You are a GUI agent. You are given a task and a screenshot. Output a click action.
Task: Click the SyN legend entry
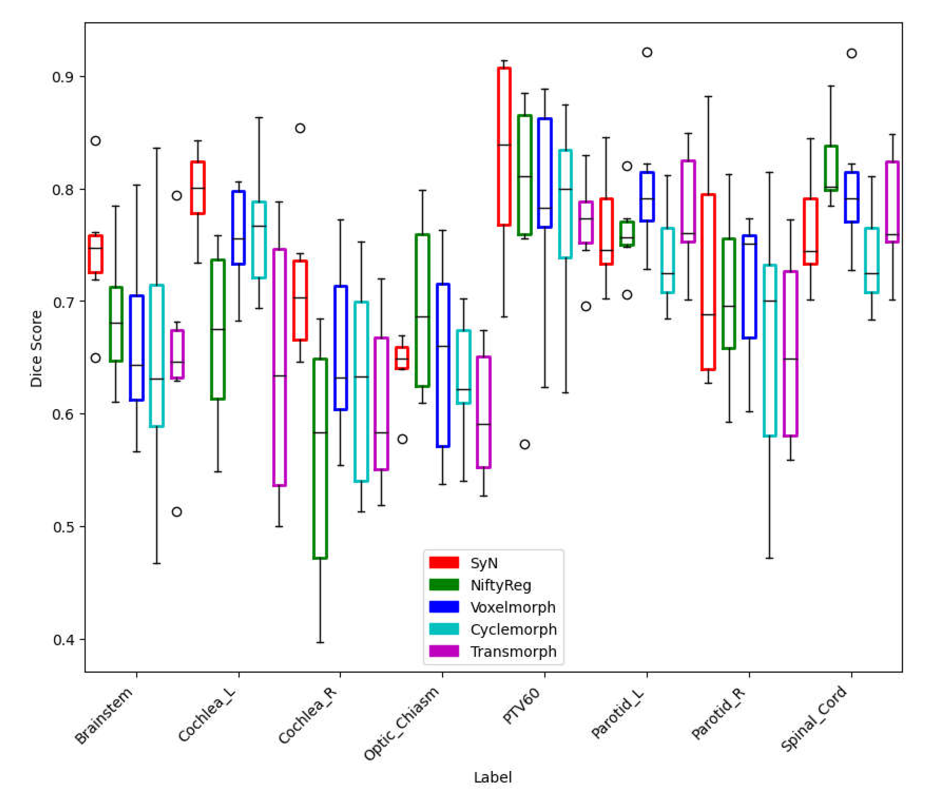(484, 563)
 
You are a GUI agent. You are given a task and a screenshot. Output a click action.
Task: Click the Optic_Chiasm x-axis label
(402, 723)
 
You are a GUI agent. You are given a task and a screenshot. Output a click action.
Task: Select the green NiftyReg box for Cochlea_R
(320, 458)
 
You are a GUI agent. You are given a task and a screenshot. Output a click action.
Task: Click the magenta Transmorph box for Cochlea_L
(279, 367)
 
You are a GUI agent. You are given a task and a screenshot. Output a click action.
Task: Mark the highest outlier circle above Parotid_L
(647, 53)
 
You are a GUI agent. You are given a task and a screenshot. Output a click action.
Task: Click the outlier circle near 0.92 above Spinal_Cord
(851, 54)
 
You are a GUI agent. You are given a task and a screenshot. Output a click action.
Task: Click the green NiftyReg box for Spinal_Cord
(831, 168)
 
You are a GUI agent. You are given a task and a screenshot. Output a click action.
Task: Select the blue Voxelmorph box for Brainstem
(136, 348)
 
